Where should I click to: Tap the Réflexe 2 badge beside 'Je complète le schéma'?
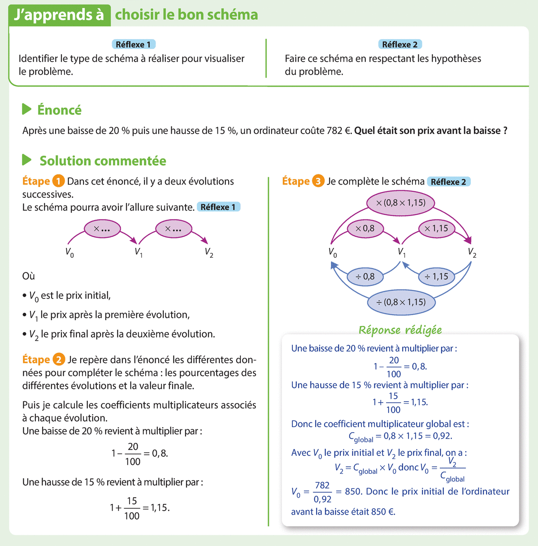pos(448,182)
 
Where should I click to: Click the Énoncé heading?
pos(59,110)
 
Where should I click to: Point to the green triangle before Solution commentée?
pos(27,160)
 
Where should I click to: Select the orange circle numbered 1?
pos(58,181)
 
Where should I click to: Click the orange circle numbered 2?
pos(59,360)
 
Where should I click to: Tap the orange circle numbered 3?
pos(318,181)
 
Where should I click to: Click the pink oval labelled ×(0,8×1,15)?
pos(400,203)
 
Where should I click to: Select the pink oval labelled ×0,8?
pos(365,229)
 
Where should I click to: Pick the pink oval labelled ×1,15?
pos(436,229)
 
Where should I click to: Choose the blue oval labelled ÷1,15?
pos(436,277)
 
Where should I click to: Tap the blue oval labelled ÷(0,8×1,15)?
pos(401,302)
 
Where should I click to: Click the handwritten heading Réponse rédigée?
pos(400,330)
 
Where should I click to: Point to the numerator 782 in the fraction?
pos(322,485)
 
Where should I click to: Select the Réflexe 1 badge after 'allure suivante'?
pos(218,207)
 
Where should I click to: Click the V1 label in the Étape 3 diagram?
pos(402,252)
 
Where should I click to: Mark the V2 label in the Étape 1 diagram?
pos(209,252)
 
